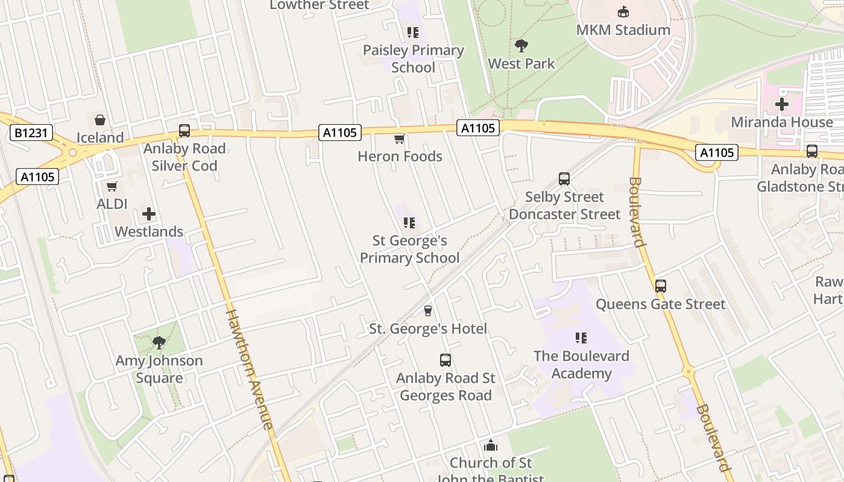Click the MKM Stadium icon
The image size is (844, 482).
623,11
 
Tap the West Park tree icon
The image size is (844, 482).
521,45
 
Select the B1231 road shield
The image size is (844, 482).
31,133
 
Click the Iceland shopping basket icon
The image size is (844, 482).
100,120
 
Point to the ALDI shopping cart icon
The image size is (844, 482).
112,187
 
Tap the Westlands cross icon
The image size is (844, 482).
149,214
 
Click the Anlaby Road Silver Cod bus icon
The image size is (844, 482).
184,131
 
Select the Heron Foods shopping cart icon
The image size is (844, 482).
399,139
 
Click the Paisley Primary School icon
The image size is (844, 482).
412,33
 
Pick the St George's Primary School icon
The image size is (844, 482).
409,224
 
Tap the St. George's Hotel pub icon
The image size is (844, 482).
428,311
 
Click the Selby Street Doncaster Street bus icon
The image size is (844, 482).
564,179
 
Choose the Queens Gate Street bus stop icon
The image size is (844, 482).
661,286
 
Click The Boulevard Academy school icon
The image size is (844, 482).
581,338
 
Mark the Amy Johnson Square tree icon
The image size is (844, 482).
159,343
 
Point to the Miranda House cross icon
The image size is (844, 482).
782,104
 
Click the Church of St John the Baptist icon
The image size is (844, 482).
491,446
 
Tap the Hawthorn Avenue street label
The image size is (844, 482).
250,369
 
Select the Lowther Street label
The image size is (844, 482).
319,5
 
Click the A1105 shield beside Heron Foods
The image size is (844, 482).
340,133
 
